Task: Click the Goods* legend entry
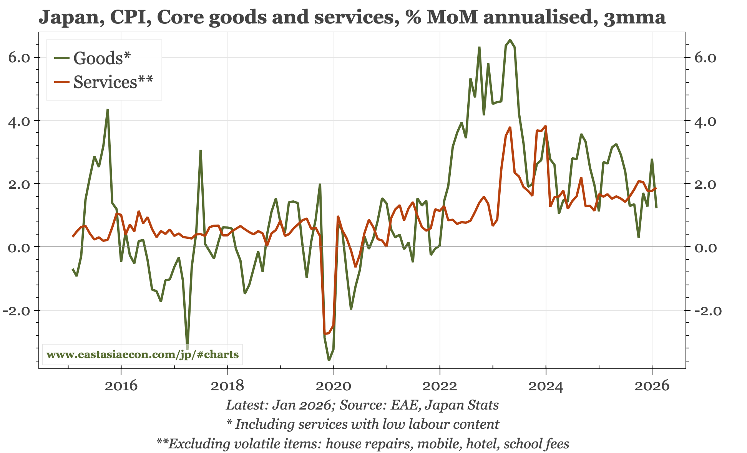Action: click(102, 58)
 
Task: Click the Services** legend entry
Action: click(113, 82)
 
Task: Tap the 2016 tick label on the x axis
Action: click(121, 385)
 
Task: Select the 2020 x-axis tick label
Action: click(334, 385)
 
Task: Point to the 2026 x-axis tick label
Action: click(652, 385)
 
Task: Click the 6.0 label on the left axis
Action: click(19, 58)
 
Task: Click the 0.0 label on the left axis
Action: click(19, 247)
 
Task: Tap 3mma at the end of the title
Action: click(634, 17)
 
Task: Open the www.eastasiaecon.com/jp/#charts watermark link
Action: click(143, 354)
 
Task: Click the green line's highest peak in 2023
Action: click(510, 40)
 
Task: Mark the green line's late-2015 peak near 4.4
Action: click(108, 110)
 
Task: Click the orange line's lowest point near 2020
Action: click(325, 333)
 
